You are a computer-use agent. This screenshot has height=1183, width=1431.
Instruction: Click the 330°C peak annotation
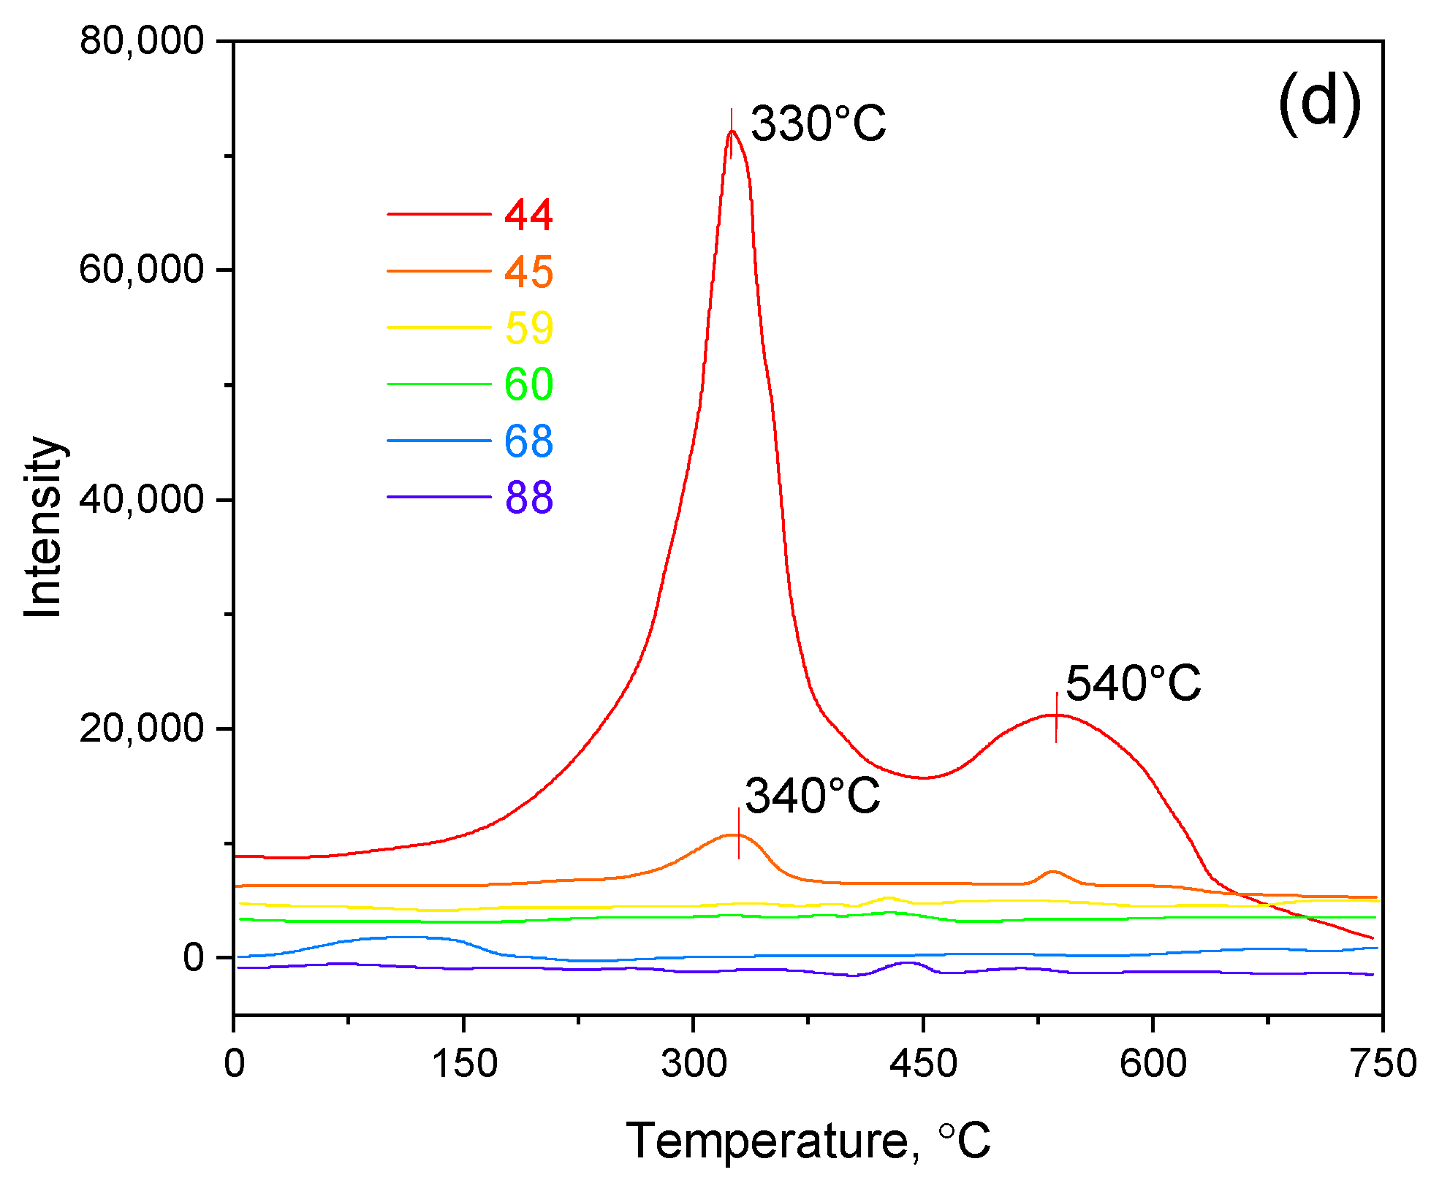pos(818,123)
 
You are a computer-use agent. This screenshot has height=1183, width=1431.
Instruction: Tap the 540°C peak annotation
pos(1133,684)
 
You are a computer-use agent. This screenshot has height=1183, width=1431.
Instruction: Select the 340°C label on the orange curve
pos(812,796)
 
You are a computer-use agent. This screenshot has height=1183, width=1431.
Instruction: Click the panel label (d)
pos(1320,104)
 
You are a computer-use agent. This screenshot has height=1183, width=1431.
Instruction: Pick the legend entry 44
pos(528,215)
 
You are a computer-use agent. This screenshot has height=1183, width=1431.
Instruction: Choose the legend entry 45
pos(528,272)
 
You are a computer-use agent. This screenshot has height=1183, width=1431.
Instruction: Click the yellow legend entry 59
pos(528,327)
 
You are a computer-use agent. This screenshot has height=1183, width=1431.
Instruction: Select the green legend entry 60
pos(528,384)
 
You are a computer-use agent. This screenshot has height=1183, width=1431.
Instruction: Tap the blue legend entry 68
pos(528,441)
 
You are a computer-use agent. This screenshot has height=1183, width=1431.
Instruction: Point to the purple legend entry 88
pos(528,498)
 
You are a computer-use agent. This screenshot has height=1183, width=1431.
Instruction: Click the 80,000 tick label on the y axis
pos(142,41)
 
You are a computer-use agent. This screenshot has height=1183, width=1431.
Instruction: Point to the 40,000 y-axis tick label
pos(142,500)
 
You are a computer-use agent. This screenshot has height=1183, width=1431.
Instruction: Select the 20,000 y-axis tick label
pos(142,729)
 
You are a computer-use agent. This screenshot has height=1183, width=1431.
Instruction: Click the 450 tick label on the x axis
pos(923,1064)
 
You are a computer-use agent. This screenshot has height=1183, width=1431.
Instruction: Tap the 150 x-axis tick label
pos(464,1064)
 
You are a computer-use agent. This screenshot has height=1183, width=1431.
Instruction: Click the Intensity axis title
pos(43,528)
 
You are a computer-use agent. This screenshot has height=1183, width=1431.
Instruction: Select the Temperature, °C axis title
pos(808,1141)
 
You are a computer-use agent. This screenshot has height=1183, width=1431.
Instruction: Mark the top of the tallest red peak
pos(731,132)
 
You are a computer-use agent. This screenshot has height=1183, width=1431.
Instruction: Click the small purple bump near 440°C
pos(906,963)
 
